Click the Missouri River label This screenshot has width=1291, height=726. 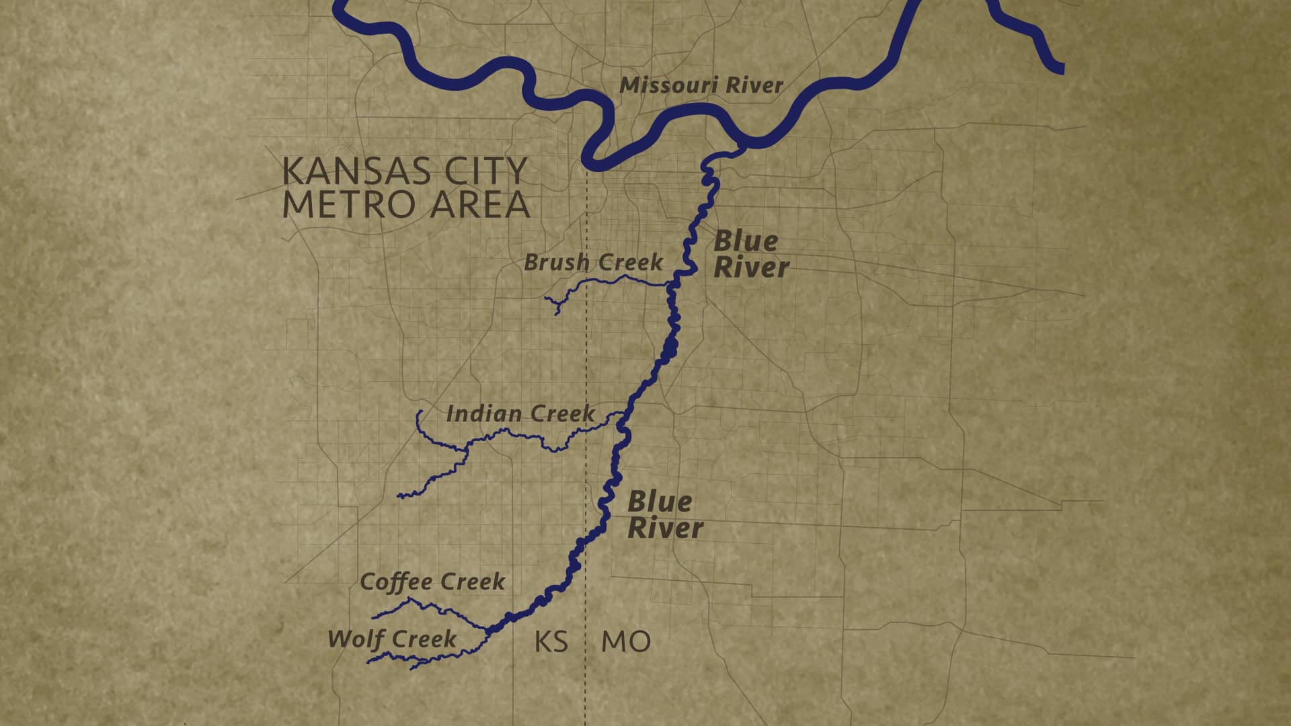click(x=701, y=85)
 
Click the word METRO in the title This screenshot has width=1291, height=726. click(x=352, y=204)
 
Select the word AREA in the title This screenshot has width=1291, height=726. click(x=480, y=204)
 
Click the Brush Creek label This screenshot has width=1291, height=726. click(x=593, y=262)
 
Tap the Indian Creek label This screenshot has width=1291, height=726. click(x=520, y=413)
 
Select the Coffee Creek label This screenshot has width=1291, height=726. click(x=432, y=581)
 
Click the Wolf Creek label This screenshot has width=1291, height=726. click(x=392, y=639)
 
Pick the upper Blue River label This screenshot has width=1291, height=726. click(x=750, y=254)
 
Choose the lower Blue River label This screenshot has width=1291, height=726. click(x=664, y=515)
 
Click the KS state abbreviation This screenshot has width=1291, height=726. click(x=551, y=642)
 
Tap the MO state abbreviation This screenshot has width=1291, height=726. click(x=625, y=642)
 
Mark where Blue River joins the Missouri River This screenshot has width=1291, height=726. click(x=741, y=145)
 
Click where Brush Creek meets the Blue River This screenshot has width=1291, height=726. click(x=670, y=286)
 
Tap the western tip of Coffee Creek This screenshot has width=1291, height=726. click(x=374, y=617)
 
